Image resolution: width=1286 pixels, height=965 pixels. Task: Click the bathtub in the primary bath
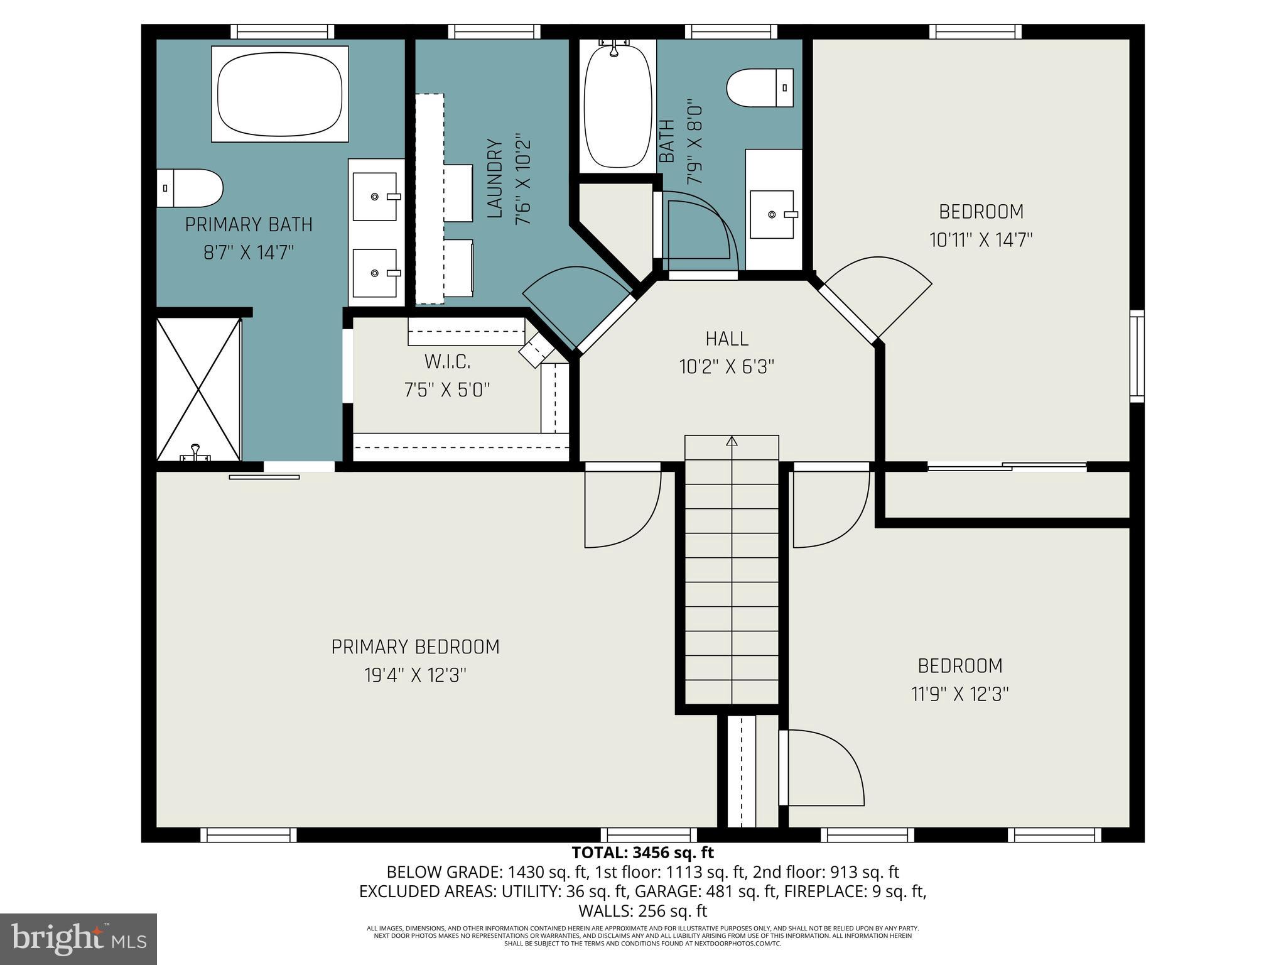pos(280,94)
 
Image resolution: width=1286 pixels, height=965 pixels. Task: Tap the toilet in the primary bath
pos(191,188)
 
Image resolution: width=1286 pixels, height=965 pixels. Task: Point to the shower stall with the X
pos(198,390)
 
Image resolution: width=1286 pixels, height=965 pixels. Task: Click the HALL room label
pos(727,339)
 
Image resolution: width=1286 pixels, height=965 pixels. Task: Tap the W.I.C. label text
pos(447,362)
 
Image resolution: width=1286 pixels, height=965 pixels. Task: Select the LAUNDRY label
pos(495,179)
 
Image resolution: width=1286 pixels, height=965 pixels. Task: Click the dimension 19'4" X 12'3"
pos(415,675)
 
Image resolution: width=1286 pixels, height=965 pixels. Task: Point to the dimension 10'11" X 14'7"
pos(981,240)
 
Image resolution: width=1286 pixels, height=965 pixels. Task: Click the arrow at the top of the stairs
pos(732,441)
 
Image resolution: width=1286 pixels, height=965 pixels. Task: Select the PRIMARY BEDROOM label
pos(415,647)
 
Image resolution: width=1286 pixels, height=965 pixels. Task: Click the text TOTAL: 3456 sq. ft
pos(642,853)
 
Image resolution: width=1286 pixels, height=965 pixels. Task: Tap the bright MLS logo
pos(78,939)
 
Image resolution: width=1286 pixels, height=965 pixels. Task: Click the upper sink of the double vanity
pos(375,197)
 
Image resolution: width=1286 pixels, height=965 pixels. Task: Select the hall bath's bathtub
pos(617,104)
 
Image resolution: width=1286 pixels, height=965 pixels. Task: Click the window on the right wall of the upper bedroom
pos(1137,356)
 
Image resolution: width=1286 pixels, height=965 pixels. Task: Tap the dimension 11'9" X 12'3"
pos(959,694)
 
